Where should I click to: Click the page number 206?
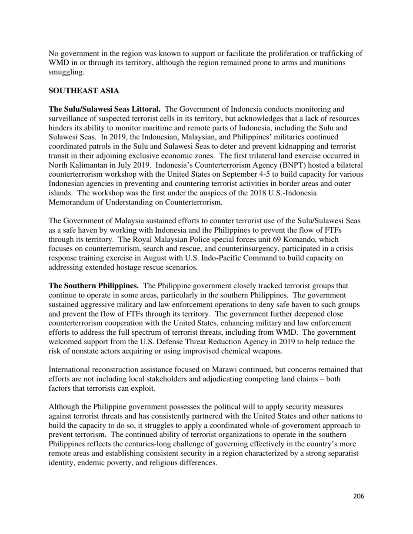tap(358, 496)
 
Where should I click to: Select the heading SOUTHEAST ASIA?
tap(83, 91)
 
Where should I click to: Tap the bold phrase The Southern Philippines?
tap(93, 286)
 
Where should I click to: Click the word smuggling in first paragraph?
tap(66, 72)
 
